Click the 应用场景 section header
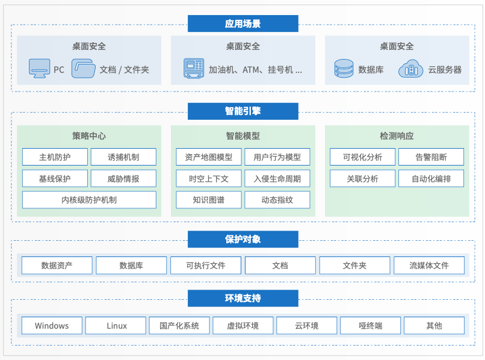point(242,24)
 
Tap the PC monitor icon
point(40,69)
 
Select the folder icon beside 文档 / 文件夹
point(84,69)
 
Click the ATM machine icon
point(193,69)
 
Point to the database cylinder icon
point(344,69)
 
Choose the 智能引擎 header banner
point(242,111)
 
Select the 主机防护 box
point(55,157)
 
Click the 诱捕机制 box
point(123,157)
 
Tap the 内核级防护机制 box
point(89,200)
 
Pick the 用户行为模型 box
point(277,157)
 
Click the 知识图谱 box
point(208,200)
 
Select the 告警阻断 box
point(431,157)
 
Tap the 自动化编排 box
point(431,178)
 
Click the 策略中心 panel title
point(89,136)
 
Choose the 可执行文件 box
point(205,265)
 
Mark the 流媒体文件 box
point(429,265)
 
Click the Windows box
point(52,326)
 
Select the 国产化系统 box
point(179,326)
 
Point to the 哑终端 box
point(370,326)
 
